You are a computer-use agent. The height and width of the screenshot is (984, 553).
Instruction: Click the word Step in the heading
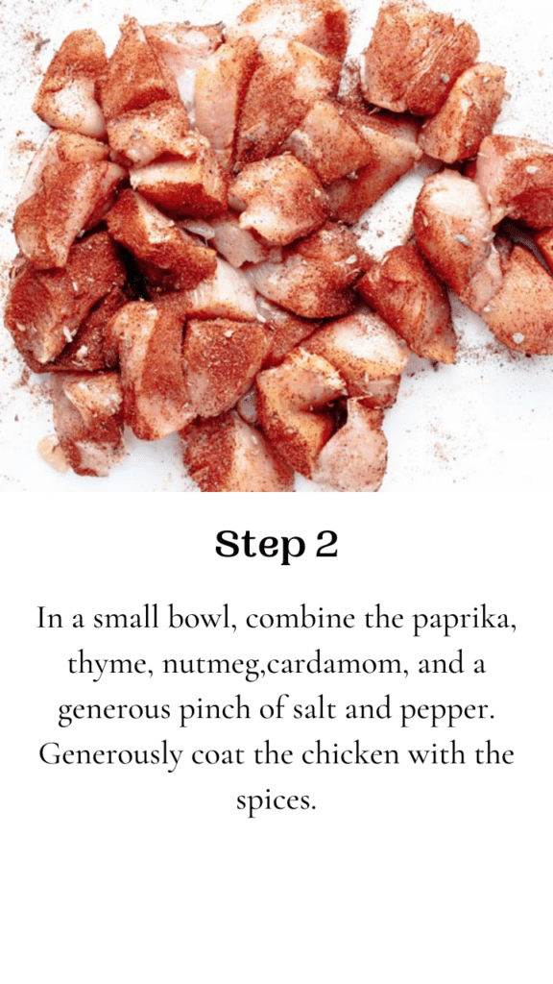259,545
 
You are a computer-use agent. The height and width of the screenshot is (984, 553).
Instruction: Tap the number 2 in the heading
326,544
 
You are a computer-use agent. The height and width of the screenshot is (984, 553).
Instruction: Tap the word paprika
464,620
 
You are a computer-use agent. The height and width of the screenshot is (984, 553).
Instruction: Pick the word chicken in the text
349,753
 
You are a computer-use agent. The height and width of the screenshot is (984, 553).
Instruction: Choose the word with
435,753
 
